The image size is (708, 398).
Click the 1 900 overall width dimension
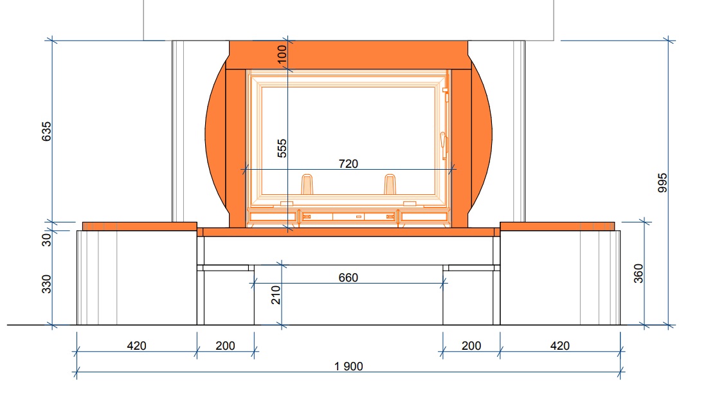point(349,366)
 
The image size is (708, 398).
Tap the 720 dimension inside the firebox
point(348,164)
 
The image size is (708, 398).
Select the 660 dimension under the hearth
point(348,278)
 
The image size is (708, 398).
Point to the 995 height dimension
point(662,183)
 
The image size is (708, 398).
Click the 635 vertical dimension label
point(46,131)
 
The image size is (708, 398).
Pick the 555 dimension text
point(282,149)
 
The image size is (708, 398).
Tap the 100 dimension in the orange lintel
point(282,54)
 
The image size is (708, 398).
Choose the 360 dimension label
point(638,274)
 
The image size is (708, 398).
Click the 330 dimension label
point(46,284)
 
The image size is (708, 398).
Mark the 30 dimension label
point(46,240)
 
